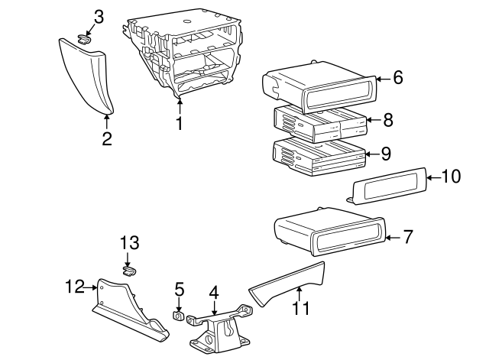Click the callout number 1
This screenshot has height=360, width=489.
tap(180, 123)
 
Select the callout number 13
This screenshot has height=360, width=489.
tap(130, 242)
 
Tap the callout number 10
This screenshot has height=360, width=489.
tap(451, 177)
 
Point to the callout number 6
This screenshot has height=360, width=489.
tap(397, 77)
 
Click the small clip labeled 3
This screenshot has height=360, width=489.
tap(84, 40)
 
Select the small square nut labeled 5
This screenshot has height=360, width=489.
tap(178, 316)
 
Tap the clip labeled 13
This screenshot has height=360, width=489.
tap(129, 271)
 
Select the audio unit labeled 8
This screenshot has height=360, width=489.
tap(319, 124)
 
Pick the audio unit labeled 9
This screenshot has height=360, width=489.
tap(319, 157)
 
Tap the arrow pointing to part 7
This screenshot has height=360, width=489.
tap(393, 238)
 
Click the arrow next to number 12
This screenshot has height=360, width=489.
tap(91, 287)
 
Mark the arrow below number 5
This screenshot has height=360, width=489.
tap(178, 304)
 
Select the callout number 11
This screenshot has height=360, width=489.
tap(301, 308)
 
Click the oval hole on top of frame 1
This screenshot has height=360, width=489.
tap(187, 21)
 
